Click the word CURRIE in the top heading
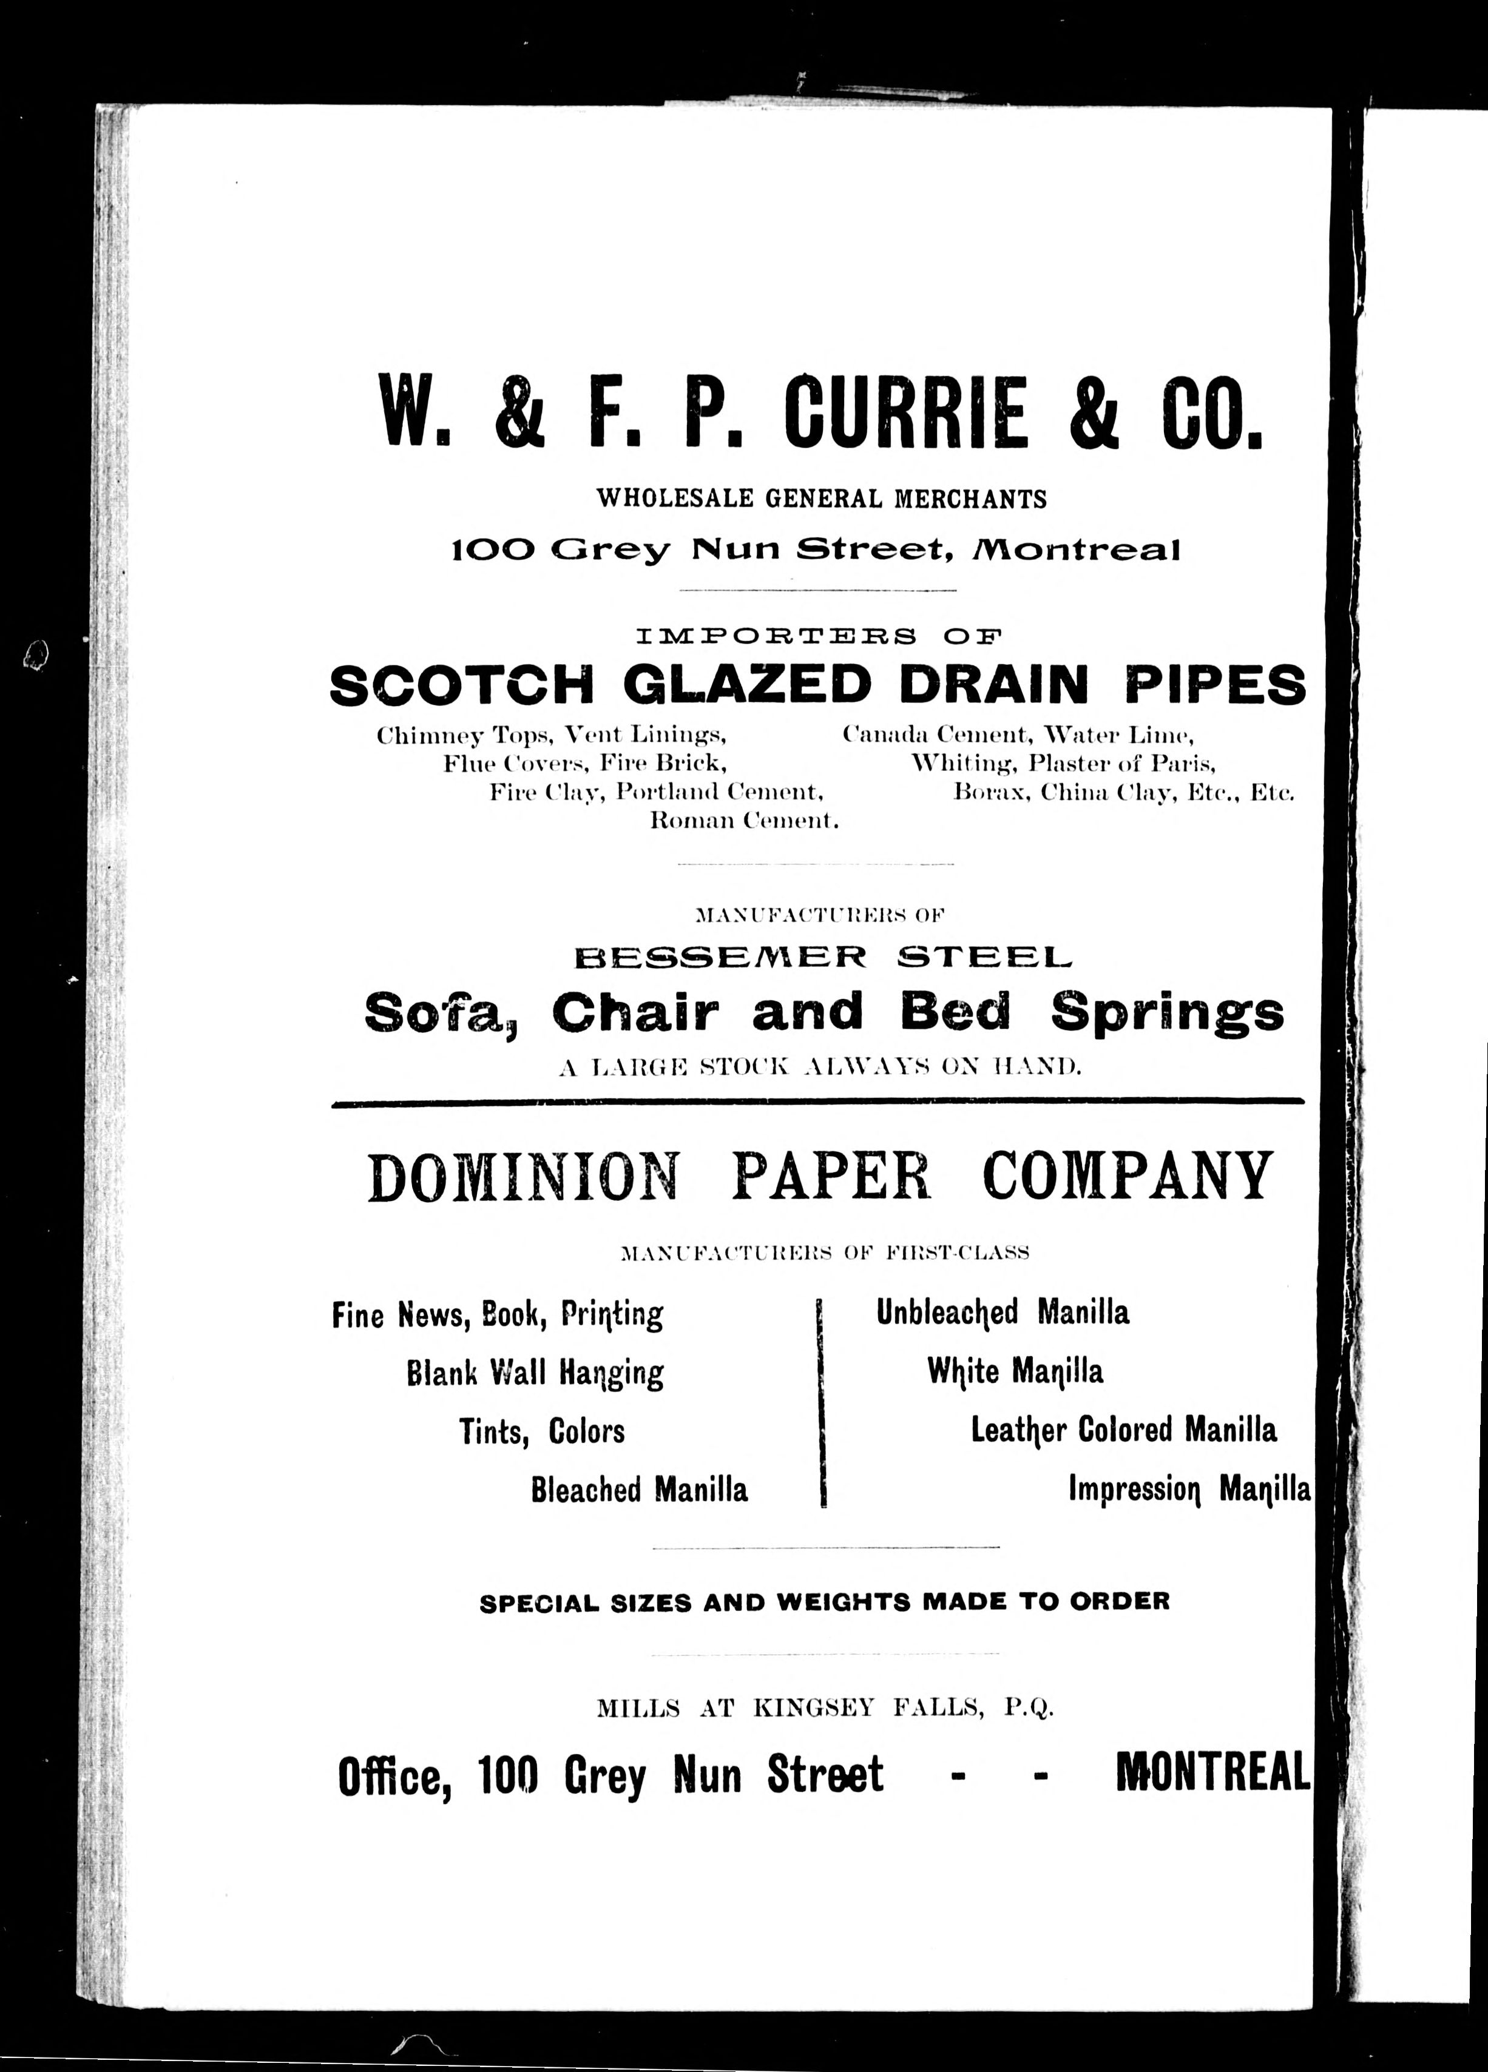coord(906,413)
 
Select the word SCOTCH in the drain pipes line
coord(462,684)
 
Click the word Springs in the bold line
coord(1167,1013)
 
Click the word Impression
coord(1134,1490)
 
